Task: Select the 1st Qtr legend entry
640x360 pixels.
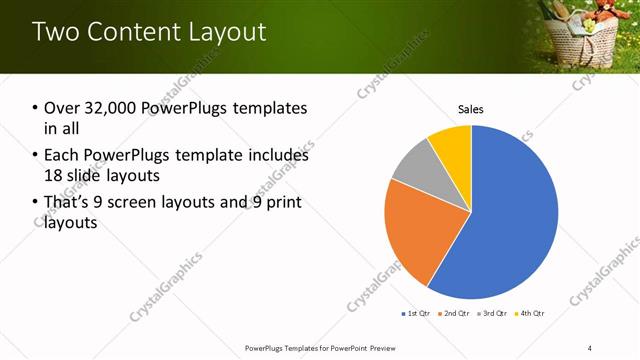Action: pyautogui.click(x=416, y=314)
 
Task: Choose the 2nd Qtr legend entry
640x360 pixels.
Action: pyautogui.click(x=456, y=314)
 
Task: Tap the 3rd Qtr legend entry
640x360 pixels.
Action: pyautogui.click(x=495, y=314)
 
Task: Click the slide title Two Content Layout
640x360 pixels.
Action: pyautogui.click(x=150, y=31)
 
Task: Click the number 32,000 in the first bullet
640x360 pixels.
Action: pyautogui.click(x=113, y=108)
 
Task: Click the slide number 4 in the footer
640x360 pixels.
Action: pyautogui.click(x=590, y=348)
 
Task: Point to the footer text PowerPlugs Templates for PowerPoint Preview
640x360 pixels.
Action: pyautogui.click(x=320, y=348)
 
